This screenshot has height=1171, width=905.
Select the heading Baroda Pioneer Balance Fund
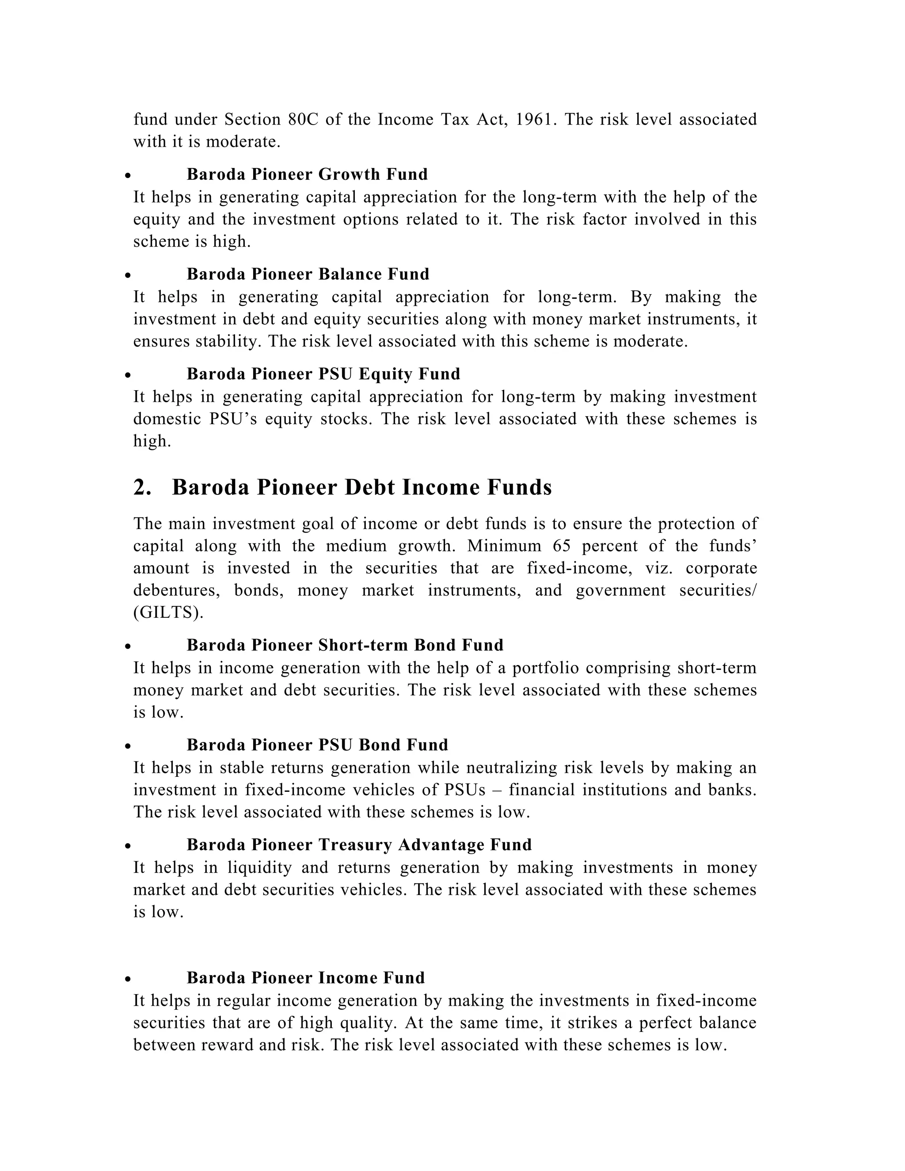[x=308, y=274]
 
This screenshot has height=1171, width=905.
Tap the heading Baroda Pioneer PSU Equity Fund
[x=323, y=374]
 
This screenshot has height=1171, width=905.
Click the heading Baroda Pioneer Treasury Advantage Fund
[x=359, y=844]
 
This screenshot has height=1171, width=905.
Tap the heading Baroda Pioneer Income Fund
[x=306, y=977]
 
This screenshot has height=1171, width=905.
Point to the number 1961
[x=532, y=119]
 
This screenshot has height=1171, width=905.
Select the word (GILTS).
[x=168, y=612]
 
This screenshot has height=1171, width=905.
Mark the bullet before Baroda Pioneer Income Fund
[x=128, y=980]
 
